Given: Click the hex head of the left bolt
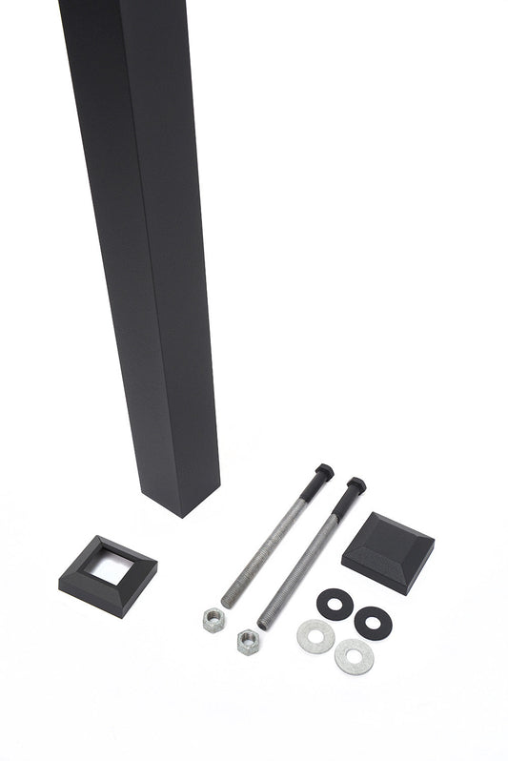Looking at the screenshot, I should [323, 471].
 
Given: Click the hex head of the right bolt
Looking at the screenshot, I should [356, 485].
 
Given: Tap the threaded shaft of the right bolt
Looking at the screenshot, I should [305, 563].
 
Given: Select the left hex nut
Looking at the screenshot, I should [213, 619].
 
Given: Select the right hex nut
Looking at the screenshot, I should [248, 639].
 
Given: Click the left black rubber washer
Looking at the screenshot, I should [335, 602].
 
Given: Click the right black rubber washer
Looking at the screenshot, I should [373, 621].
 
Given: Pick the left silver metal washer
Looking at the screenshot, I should [315, 636].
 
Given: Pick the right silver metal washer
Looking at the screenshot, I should [354, 656].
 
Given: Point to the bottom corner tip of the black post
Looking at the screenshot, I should [180, 516].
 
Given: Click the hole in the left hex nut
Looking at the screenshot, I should [213, 618].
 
